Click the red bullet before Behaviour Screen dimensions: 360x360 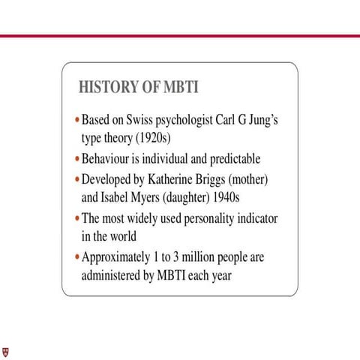[76, 160]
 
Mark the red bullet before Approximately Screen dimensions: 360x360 [76, 258]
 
